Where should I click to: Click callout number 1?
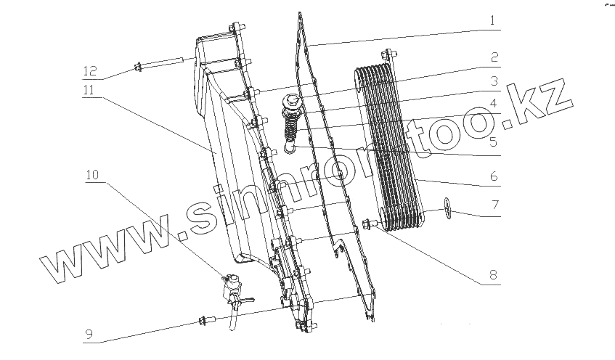[492, 20]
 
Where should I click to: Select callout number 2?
[493, 57]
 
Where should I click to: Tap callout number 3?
[493, 81]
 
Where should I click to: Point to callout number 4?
[493, 104]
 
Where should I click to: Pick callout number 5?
[493, 143]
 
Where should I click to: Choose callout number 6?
[493, 176]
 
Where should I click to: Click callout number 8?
[493, 275]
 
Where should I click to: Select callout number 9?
[89, 335]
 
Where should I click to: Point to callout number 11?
[89, 90]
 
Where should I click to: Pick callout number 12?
[89, 72]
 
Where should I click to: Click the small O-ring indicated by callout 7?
[449, 210]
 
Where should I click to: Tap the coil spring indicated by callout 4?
[290, 130]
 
